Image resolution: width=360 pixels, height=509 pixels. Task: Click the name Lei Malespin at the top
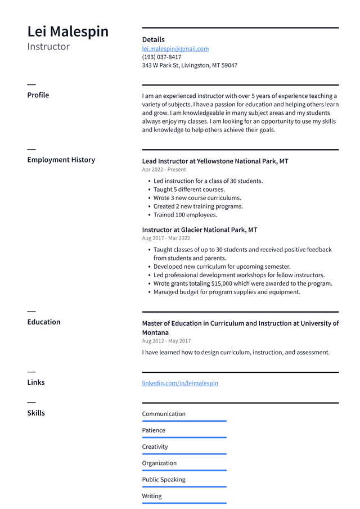(x=68, y=31)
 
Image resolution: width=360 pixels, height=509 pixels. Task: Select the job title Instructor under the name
(x=48, y=47)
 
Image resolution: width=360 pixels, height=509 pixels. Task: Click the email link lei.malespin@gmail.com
(x=175, y=49)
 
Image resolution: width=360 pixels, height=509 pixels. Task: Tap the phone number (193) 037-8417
(x=161, y=57)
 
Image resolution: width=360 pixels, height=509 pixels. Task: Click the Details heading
(x=153, y=40)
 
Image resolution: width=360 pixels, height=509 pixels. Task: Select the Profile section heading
(x=38, y=95)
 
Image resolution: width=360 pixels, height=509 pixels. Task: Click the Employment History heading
(x=61, y=160)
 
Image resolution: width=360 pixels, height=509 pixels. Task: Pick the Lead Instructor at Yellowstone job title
(x=215, y=161)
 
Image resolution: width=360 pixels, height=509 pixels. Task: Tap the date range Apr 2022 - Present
(x=164, y=169)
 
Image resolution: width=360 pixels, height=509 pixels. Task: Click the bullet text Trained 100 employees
(x=185, y=215)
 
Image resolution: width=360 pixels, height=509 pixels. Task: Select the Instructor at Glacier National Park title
(x=199, y=230)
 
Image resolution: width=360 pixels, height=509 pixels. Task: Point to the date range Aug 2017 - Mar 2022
(x=166, y=238)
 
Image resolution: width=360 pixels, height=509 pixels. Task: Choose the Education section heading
(x=44, y=322)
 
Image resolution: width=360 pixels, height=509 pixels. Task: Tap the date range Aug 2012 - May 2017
(x=166, y=341)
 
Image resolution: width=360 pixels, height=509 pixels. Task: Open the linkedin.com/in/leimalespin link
(x=180, y=383)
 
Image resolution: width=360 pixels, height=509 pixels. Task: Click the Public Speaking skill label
(x=164, y=480)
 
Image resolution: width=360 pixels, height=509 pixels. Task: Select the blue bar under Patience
(x=184, y=438)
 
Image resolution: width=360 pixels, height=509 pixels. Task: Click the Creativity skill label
(x=155, y=447)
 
